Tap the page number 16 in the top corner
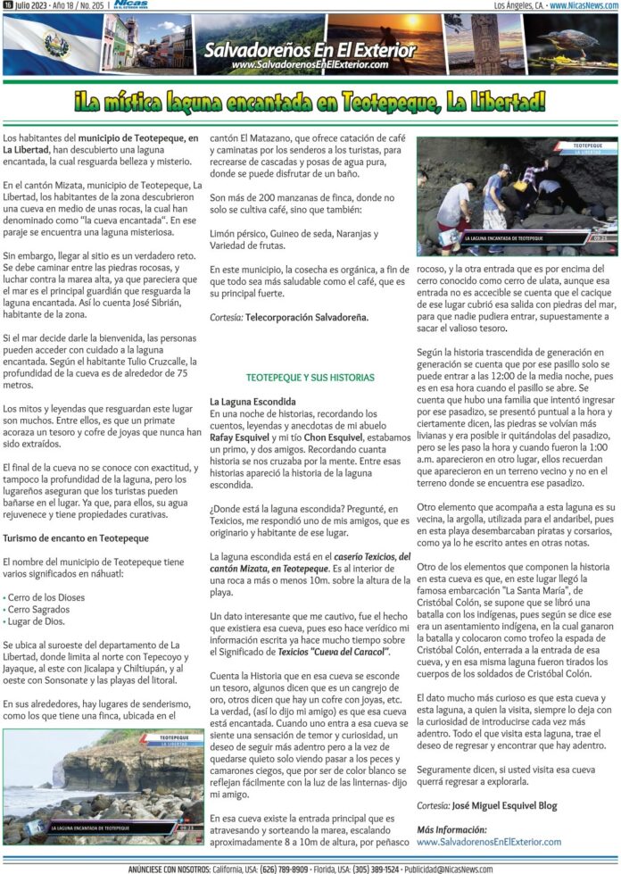point(7,5)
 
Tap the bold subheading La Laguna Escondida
point(253,402)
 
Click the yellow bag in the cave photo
point(518,187)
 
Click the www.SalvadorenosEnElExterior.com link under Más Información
point(489,841)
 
